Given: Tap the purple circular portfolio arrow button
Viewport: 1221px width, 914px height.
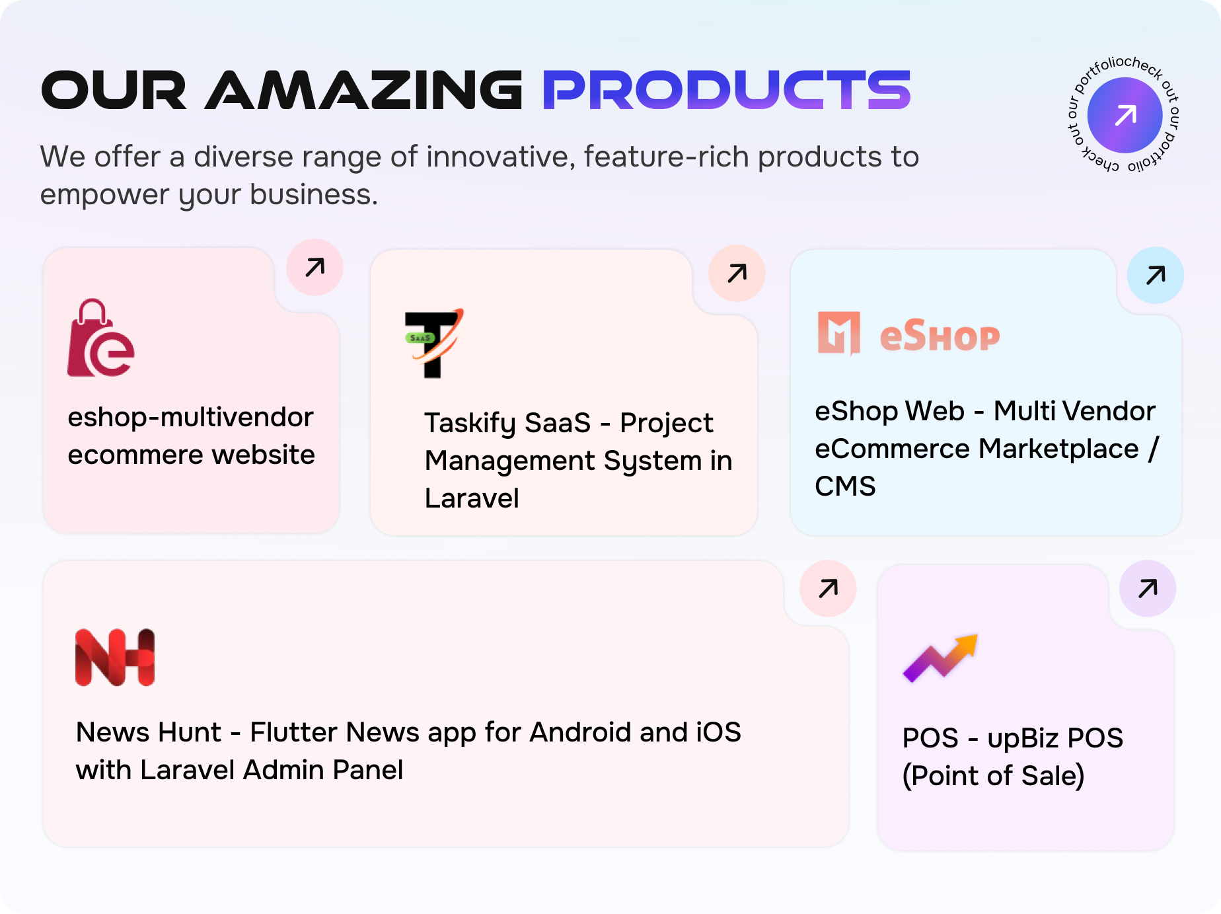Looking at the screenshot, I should point(1125,115).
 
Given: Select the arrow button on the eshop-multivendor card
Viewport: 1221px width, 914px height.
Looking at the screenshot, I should point(314,267).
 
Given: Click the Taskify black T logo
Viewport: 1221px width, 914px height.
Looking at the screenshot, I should point(433,343).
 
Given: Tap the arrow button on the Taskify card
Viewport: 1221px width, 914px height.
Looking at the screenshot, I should point(737,273).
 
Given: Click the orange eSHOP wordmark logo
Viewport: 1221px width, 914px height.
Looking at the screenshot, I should point(908,334).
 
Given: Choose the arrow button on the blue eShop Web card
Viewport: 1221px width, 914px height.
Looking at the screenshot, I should point(1155,275).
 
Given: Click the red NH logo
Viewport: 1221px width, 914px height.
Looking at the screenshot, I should point(115,657).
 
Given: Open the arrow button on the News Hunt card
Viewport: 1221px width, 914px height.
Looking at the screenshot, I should point(828,588).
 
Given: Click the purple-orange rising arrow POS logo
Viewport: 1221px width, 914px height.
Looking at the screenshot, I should point(940,658).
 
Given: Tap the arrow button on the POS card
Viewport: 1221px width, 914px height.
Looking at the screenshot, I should point(1148,588).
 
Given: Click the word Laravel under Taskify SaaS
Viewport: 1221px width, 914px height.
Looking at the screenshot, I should point(472,498).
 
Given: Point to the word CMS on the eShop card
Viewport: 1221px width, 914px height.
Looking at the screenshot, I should point(845,486).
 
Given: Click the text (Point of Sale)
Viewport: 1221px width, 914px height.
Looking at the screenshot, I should point(993,776).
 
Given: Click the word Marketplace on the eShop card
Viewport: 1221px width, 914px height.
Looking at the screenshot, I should point(1059,449).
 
